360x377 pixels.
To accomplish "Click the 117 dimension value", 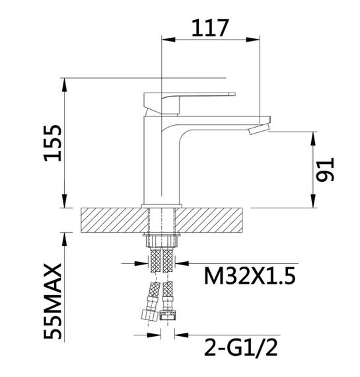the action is click(209, 28).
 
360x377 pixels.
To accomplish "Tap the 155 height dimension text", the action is click(53, 143).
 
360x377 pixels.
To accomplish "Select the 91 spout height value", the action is click(325, 169).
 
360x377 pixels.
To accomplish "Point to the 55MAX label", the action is click(53, 301).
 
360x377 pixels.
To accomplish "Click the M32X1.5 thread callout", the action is click(250, 276).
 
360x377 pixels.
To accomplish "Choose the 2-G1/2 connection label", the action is click(240, 347).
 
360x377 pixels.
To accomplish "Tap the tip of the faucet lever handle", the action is click(234, 94).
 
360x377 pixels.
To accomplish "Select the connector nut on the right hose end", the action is click(168, 315).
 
